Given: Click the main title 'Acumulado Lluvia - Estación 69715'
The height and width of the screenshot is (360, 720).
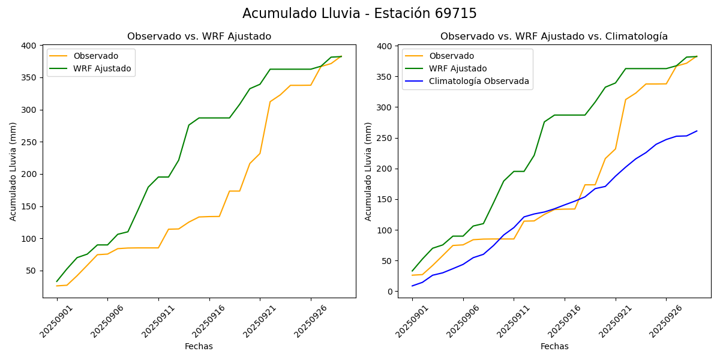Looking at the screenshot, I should pos(359,14).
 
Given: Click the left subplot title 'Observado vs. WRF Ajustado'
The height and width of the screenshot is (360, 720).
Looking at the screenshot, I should pos(199,37).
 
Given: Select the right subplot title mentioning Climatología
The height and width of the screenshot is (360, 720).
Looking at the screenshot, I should pos(554,37).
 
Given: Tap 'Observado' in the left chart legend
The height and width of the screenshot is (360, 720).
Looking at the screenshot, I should pos(95,56).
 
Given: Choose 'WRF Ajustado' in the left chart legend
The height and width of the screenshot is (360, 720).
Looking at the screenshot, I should pos(102,68).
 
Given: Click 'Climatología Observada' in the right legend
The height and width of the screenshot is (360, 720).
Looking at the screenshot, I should pos(479,81).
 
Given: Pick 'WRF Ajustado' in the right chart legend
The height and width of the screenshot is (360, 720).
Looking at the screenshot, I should pos(457,68).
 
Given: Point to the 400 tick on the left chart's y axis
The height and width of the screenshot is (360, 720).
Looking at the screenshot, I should pos(29,46).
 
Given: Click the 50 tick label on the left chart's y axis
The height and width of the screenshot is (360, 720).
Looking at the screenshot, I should pos(32,271).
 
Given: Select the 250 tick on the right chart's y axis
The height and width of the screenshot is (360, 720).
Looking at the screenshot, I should pos(385,138).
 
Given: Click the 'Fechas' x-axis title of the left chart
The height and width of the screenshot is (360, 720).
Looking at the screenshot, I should pos(199,346).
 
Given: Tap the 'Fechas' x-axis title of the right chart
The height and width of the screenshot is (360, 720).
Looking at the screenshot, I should pos(554,346).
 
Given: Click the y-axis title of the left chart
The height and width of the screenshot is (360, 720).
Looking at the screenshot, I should pos(13,171).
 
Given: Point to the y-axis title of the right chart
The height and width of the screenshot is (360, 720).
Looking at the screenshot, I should pos(368,171).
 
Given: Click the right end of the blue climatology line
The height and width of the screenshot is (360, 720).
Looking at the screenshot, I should pos(697,131).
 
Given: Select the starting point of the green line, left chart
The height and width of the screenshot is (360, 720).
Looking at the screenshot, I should pos(57,281).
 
